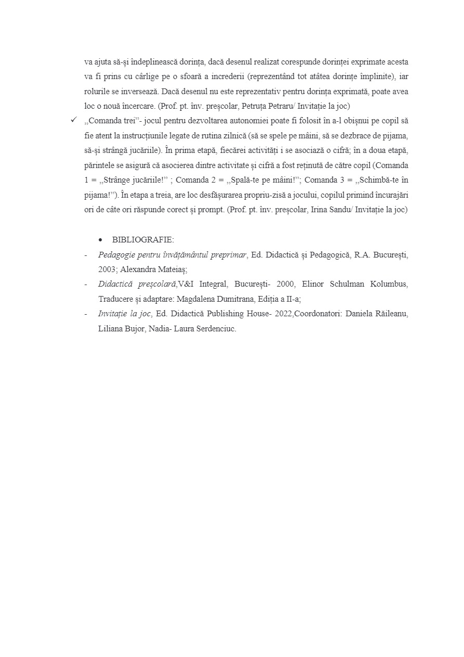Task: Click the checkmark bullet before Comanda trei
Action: [x=74, y=120]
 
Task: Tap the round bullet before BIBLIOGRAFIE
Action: [x=100, y=240]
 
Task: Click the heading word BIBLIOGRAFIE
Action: [x=143, y=240]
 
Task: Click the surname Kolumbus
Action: [x=389, y=285]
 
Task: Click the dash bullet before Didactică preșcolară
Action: [x=86, y=285]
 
